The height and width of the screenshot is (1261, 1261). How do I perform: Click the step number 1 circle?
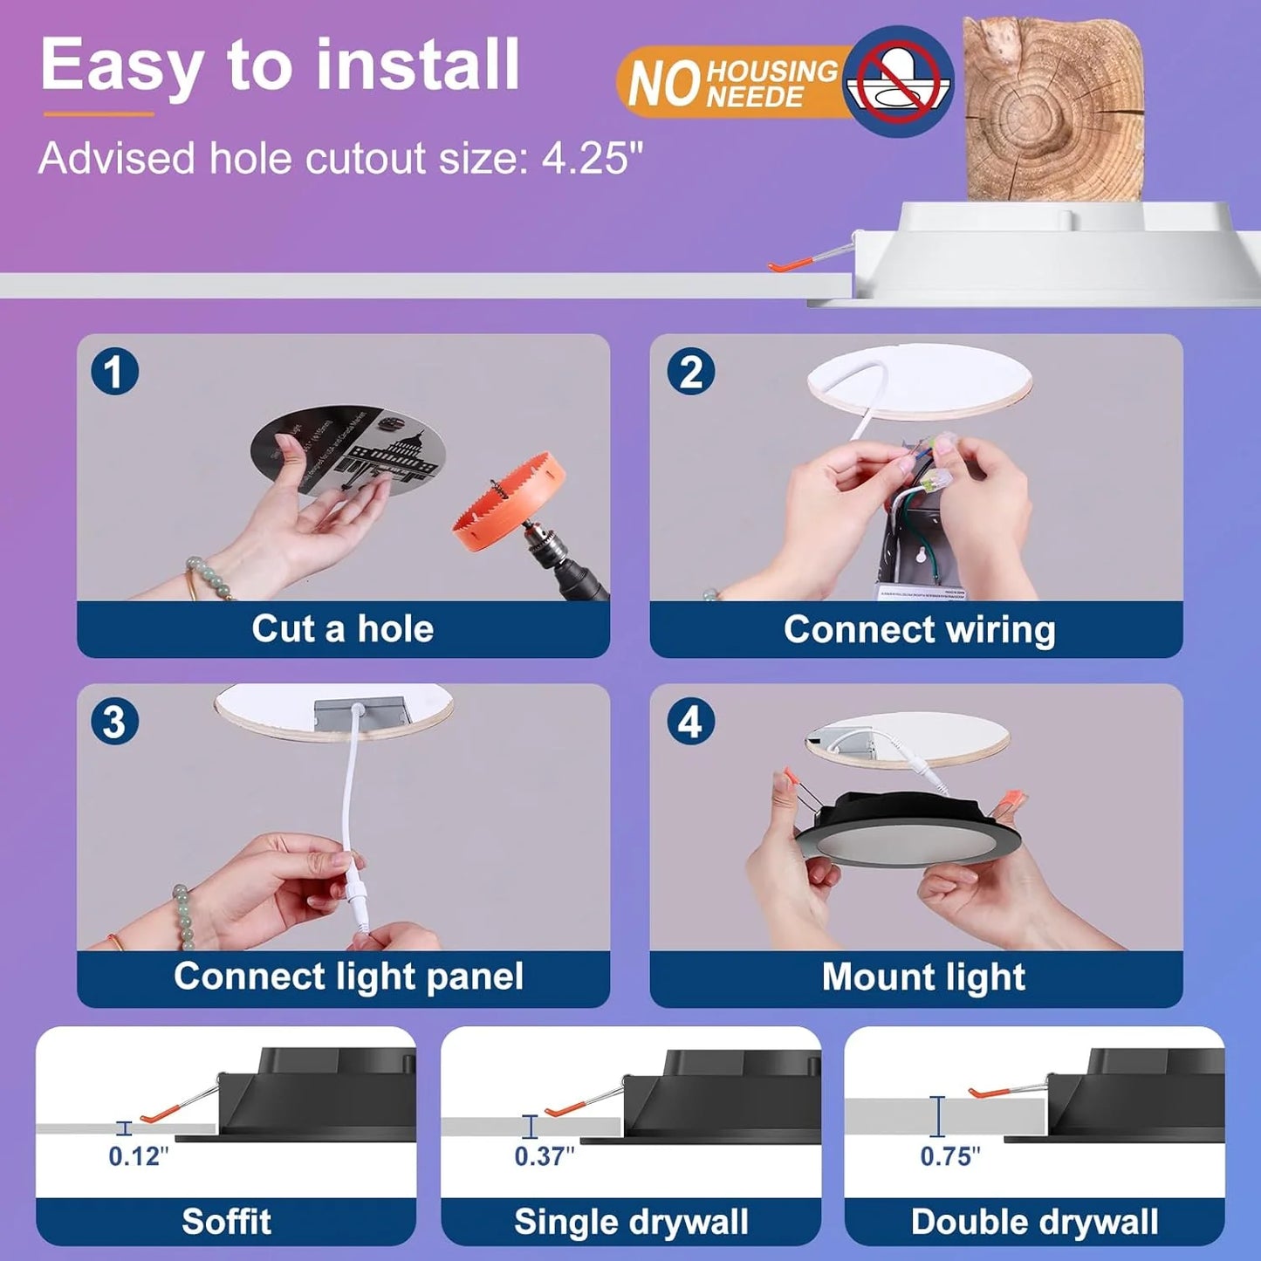tap(114, 372)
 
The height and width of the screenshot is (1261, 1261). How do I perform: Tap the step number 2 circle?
tap(690, 372)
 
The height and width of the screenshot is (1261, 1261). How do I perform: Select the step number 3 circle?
tap(114, 722)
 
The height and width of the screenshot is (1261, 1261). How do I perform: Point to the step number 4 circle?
tap(690, 722)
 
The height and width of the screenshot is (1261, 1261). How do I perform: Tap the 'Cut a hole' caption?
tap(343, 629)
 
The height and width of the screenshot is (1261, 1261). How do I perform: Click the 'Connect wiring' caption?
tap(919, 629)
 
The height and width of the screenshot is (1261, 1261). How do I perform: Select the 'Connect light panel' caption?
tap(348, 977)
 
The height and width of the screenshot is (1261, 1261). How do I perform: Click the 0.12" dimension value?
tap(138, 1156)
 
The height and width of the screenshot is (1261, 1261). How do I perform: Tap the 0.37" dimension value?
tap(544, 1156)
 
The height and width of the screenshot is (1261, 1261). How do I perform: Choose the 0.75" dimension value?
tap(950, 1156)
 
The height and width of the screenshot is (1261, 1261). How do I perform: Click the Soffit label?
tap(226, 1222)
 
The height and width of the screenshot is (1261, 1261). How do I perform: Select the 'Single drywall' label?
tap(631, 1222)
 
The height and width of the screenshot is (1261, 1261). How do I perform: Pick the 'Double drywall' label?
tap(1035, 1222)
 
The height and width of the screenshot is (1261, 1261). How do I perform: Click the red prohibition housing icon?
tap(898, 81)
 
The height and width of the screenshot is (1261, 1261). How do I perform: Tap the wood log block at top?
tap(1052, 109)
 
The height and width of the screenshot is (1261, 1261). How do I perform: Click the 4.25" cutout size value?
tap(593, 159)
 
